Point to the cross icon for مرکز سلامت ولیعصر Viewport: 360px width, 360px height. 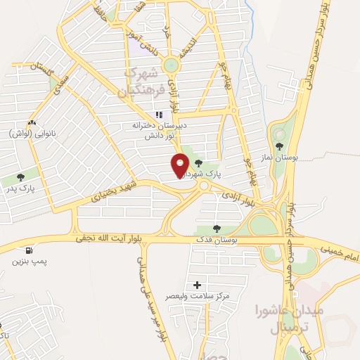pos(198,285)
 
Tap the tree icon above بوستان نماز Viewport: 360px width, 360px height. pos(280,146)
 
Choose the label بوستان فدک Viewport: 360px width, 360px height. pos(217,240)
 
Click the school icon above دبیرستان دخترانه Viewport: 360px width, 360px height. pos(160,114)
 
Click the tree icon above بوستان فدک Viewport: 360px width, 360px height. pos(217,228)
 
